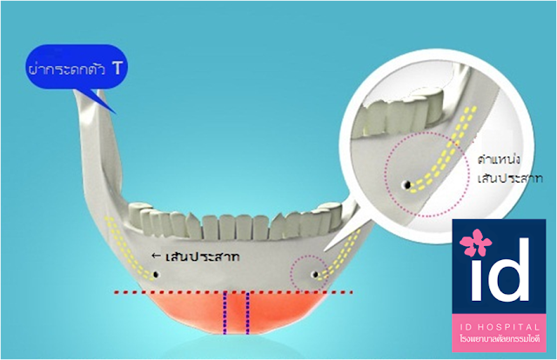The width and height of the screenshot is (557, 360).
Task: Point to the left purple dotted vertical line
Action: pos(227,312)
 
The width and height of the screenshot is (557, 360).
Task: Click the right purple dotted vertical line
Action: pos(250,312)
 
